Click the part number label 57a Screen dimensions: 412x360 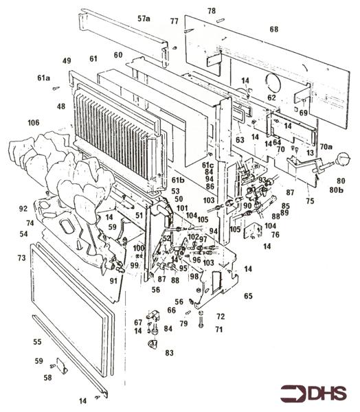coord(143,19)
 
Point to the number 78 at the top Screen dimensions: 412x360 coord(212,11)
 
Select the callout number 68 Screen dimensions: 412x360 coord(274,30)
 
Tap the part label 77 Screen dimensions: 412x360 coord(174,21)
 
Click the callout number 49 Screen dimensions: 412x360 coord(67,61)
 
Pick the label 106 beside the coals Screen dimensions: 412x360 coord(33,123)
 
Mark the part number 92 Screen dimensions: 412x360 coord(23,208)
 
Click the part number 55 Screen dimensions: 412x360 coord(38,341)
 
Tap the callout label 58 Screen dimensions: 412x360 coord(48,377)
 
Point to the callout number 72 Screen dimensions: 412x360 coord(221,317)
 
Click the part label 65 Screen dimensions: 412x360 coord(248,296)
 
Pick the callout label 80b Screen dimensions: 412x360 coord(337,189)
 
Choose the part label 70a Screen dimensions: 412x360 coord(324,147)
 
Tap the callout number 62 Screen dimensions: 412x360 coord(271,98)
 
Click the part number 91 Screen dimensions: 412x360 coord(113,281)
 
